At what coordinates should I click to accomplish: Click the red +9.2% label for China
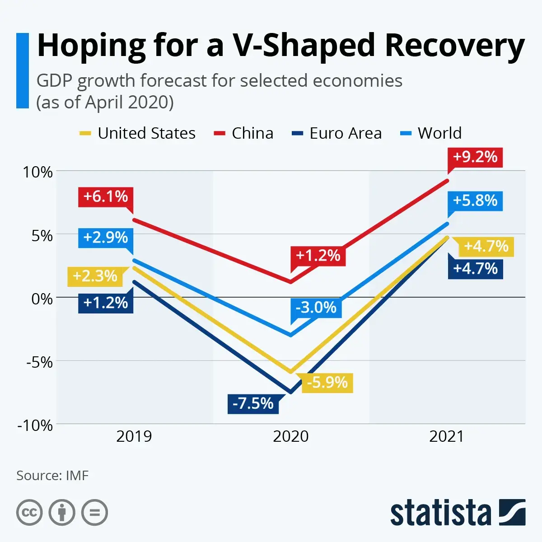[475, 157]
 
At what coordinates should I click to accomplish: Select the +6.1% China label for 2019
[106, 197]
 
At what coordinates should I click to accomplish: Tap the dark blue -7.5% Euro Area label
[253, 403]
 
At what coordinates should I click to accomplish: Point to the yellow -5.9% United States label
[327, 383]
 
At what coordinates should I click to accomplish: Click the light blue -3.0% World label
[316, 308]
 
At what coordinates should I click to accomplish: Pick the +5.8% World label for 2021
[475, 201]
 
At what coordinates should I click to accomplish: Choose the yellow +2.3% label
[95, 276]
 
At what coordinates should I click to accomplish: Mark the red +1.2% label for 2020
[318, 256]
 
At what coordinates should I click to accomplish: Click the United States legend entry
[138, 133]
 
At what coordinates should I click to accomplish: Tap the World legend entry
[431, 133]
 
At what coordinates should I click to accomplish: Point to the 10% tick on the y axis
[38, 172]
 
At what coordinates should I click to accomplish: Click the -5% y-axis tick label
[39, 362]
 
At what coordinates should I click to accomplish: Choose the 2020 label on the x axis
[290, 437]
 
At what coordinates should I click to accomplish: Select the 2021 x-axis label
[446, 437]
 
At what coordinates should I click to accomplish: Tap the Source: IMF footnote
[52, 476]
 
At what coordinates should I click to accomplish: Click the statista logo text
[440, 514]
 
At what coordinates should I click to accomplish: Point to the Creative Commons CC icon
[29, 513]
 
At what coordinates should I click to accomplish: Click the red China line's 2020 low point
[290, 283]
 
